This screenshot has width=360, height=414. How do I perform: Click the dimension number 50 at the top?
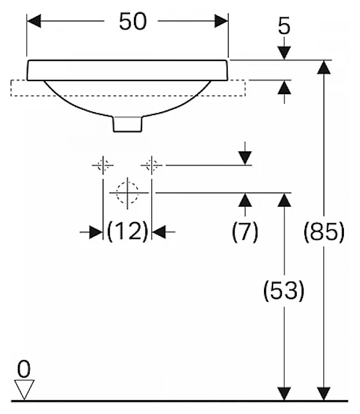tap(133, 22)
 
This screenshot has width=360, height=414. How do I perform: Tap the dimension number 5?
tap(284, 26)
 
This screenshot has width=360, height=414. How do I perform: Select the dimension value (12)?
tap(127, 232)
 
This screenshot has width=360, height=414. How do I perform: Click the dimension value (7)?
tap(245, 232)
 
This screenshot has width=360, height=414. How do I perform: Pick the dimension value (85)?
tap(325, 232)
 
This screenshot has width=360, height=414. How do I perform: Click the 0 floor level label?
tap(22, 366)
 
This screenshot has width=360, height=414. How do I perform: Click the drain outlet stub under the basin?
tap(127, 123)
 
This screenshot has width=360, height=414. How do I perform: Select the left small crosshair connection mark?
tap(102, 166)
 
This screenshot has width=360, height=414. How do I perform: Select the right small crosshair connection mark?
tap(151, 166)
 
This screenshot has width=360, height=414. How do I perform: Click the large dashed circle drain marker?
tap(127, 193)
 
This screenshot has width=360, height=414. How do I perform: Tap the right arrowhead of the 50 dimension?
tap(221, 22)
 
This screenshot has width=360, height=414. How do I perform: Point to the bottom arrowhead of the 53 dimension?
tap(284, 393)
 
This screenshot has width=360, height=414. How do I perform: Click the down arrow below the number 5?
tap(284, 52)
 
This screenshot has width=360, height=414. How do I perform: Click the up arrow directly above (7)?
tap(245, 201)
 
